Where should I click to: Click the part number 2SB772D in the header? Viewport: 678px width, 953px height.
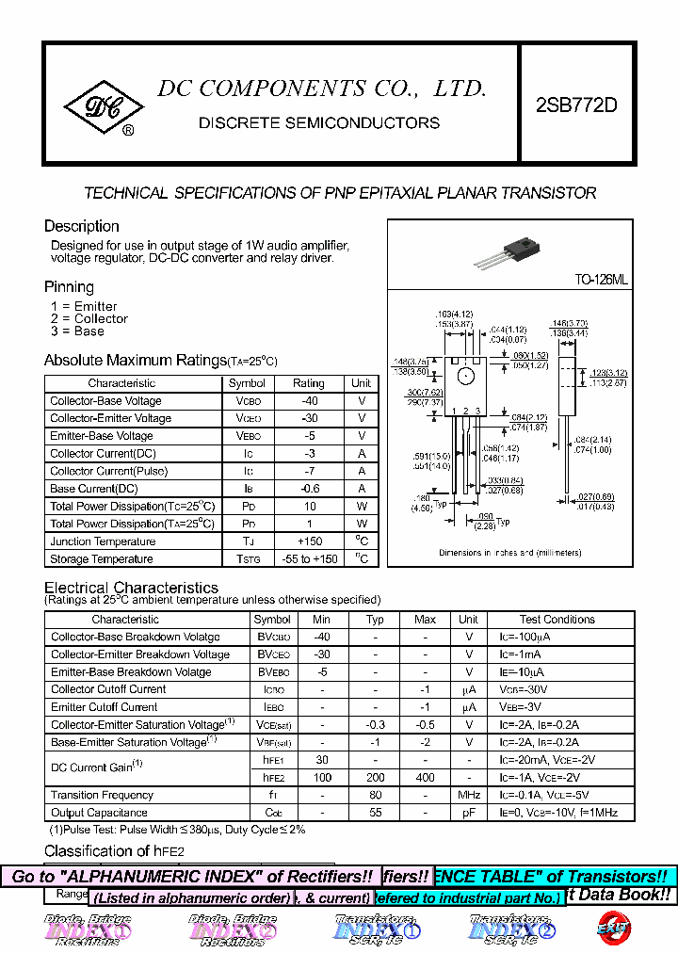point(576,105)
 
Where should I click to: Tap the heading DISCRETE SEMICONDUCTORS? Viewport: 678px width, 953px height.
point(319,122)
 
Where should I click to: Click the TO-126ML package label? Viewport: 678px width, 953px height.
point(602,280)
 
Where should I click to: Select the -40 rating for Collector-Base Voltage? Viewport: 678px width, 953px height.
point(308,401)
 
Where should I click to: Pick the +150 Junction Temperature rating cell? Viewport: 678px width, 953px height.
point(308,541)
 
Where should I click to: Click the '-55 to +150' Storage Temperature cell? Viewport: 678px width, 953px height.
point(308,559)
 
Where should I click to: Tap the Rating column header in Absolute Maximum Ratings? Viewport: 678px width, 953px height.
point(308,383)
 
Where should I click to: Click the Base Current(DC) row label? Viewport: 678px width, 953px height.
point(94,489)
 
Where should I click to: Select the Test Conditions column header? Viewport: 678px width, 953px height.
point(557,620)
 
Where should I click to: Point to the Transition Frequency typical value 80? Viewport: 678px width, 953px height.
point(375,796)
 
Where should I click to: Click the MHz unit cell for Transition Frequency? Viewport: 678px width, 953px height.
point(468,796)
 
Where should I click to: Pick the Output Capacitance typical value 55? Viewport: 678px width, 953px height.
point(375,813)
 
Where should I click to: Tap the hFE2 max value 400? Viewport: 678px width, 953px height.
point(425,778)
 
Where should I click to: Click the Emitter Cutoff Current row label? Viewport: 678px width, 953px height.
point(105,707)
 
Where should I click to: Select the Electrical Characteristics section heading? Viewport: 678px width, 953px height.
point(131,588)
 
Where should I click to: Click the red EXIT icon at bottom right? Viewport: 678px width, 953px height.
point(612,927)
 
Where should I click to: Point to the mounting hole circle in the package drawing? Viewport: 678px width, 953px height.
point(465,377)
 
